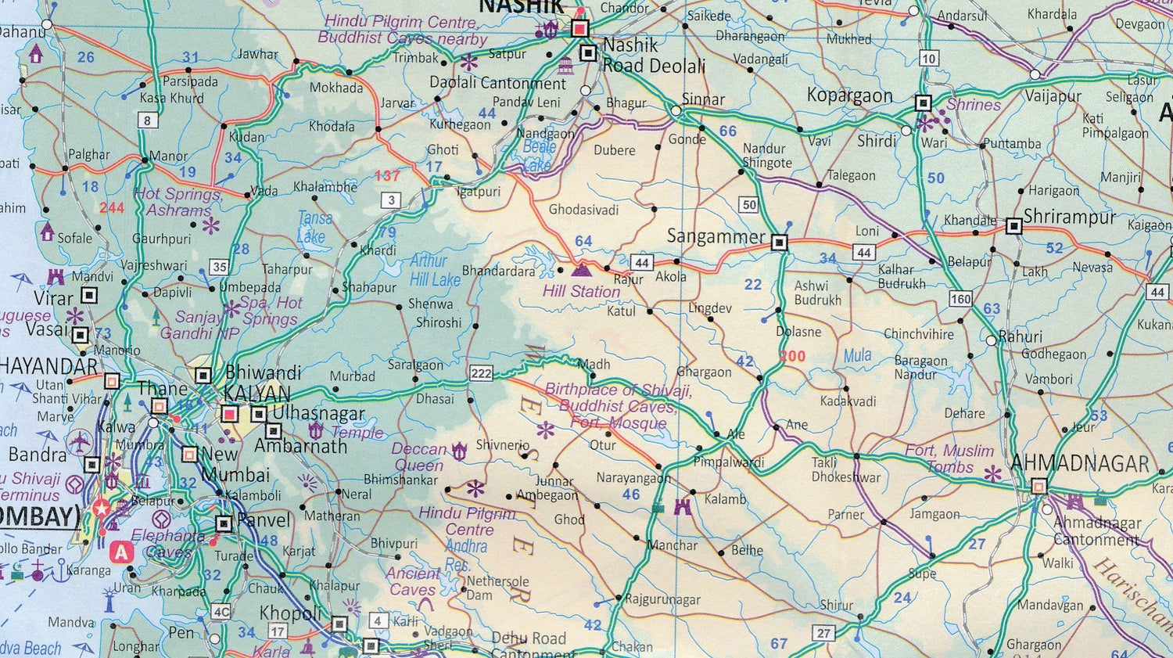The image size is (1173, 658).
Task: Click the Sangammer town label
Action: click(716, 236)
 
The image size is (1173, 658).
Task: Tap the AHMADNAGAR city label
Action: click(1080, 463)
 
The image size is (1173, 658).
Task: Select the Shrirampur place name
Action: click(1069, 217)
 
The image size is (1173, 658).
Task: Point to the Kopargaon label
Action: click(849, 95)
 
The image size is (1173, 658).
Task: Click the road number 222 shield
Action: click(481, 374)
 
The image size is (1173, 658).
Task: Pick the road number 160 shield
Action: click(960, 299)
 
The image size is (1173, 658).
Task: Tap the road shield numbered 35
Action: click(220, 267)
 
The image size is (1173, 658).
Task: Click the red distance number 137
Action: click(387, 176)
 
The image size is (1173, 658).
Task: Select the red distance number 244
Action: click(112, 207)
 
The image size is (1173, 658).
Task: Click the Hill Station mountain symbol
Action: click(582, 270)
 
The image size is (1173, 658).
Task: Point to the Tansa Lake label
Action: click(314, 227)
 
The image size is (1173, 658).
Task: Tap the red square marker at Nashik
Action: click(579, 29)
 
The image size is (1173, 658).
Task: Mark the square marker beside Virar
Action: click(90, 295)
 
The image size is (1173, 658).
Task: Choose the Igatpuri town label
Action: click(479, 192)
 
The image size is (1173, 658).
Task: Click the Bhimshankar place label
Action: click(400, 480)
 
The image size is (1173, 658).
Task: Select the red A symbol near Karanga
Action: click(121, 552)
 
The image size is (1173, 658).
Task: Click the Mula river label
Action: click(857, 356)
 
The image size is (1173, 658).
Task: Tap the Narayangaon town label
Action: click(633, 477)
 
